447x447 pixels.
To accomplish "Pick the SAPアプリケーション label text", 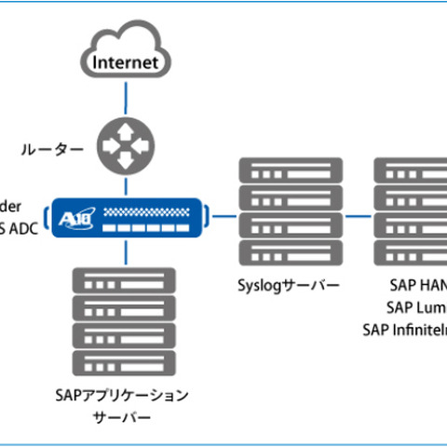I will click(x=121, y=396).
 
